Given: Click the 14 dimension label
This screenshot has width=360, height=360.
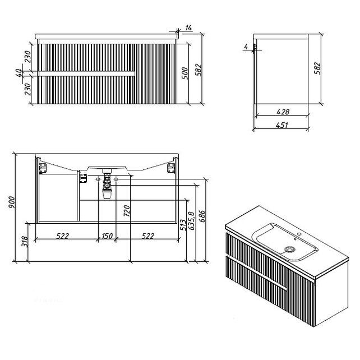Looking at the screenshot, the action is pos(188,28).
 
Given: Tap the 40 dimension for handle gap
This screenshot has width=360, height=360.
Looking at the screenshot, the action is pos(19,73).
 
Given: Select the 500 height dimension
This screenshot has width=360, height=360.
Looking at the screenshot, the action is pos(184,73).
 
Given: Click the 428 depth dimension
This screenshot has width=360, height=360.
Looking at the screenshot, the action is pos(283,112).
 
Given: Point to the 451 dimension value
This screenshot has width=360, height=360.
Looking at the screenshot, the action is pos(281,125).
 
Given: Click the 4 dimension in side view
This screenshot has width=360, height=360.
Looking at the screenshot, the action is pos(246,47).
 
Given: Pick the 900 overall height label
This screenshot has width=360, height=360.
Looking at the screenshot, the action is pos(11,202).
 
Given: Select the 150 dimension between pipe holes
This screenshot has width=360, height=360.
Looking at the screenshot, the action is pos(107,236).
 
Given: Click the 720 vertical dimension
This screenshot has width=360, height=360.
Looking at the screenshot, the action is pos(127,211).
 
